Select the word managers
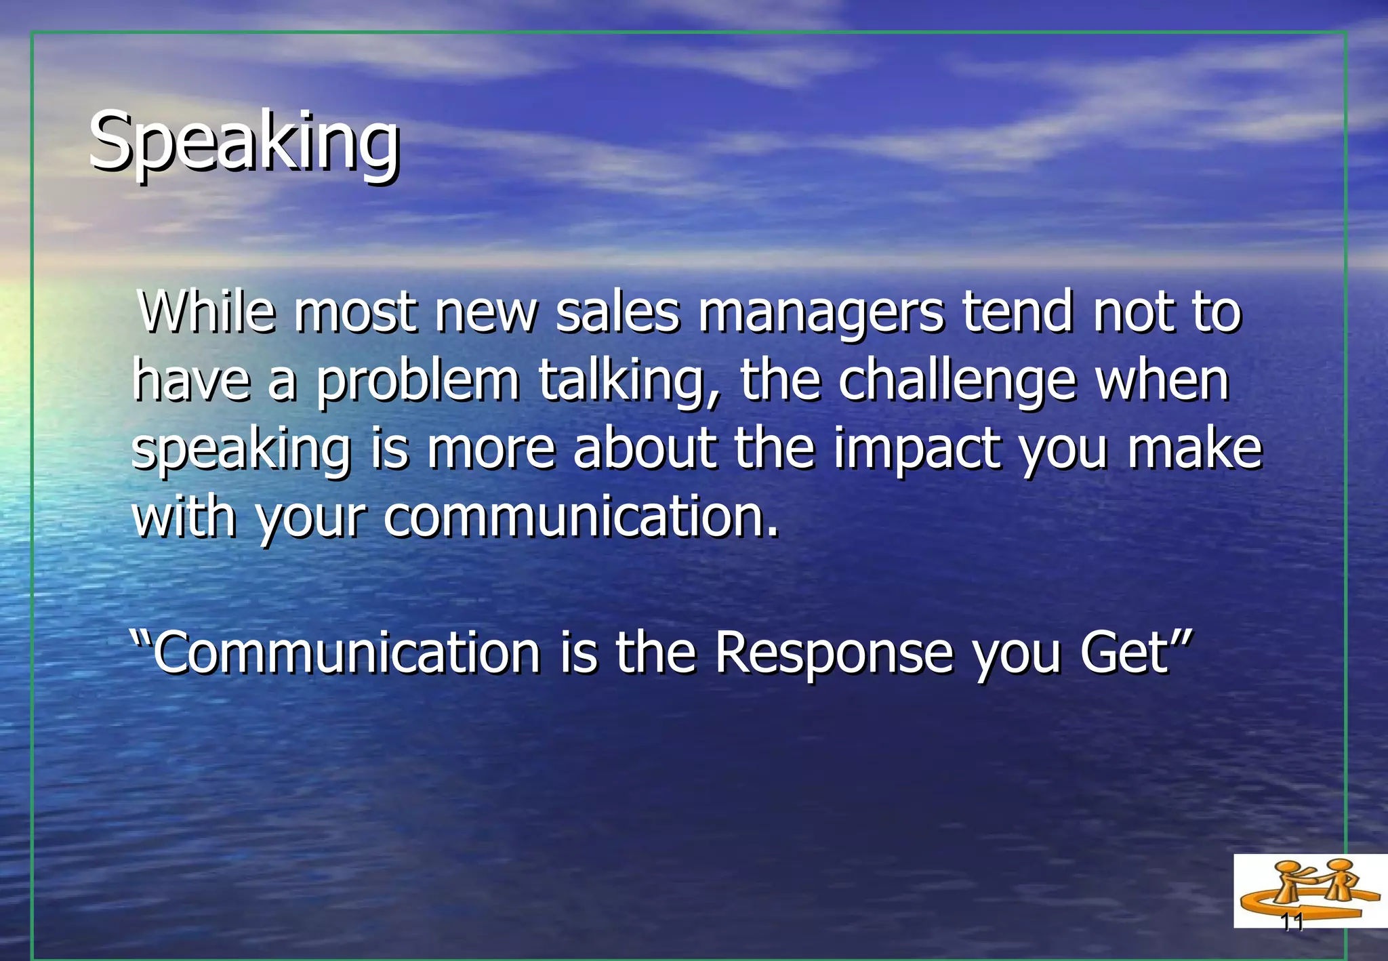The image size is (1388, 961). point(820,313)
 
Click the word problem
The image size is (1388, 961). point(417,381)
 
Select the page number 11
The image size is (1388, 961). point(1292,922)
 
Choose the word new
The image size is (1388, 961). point(486,313)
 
